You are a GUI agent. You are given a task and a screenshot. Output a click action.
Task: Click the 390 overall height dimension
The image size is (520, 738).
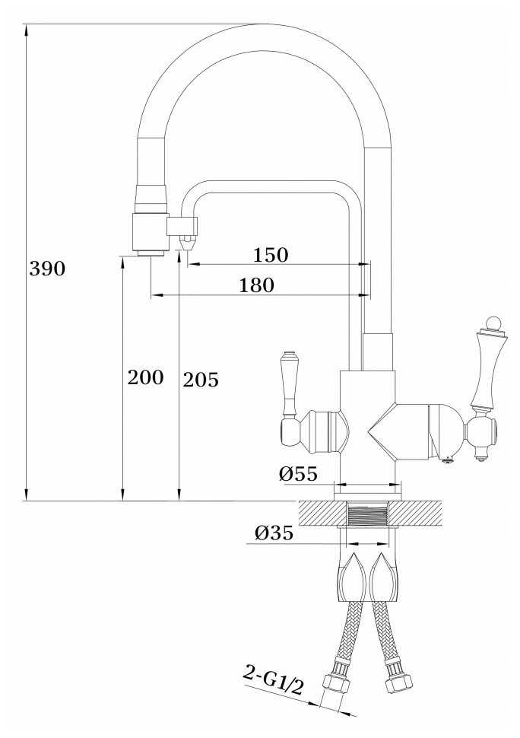point(47,269)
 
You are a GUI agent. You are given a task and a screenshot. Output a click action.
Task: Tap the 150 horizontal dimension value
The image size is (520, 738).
point(271,255)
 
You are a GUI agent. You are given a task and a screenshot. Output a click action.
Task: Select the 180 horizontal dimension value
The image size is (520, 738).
point(257,285)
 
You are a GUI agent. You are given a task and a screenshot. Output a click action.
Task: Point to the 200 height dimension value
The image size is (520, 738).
point(146,377)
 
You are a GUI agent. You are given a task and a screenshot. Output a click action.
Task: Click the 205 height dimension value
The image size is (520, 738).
point(201,380)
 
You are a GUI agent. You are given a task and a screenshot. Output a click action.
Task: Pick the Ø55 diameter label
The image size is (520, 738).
point(298,473)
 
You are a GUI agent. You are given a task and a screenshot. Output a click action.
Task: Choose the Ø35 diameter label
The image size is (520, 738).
point(274,533)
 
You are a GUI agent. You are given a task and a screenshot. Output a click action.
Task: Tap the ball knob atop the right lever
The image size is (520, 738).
point(493,324)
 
